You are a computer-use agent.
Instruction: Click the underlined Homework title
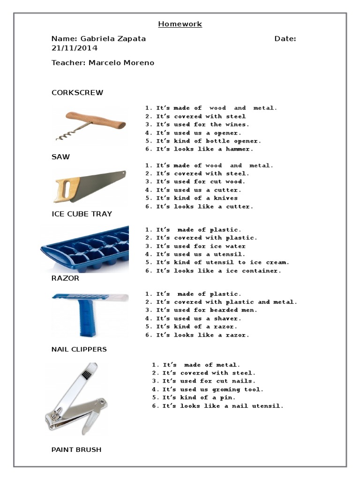pos(180,24)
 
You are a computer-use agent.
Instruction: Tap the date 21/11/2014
pos(75,48)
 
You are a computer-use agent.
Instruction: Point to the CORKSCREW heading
pos(77,92)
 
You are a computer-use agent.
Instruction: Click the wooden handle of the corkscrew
pos(96,120)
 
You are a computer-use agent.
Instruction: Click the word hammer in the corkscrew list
pos(239,149)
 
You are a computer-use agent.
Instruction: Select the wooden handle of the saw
pos(66,190)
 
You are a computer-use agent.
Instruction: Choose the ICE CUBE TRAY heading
pos(82,214)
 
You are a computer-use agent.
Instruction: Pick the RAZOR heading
pos(65,278)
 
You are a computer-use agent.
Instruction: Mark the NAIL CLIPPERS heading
pos(79,349)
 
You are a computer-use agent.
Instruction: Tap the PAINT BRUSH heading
pos(76,450)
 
